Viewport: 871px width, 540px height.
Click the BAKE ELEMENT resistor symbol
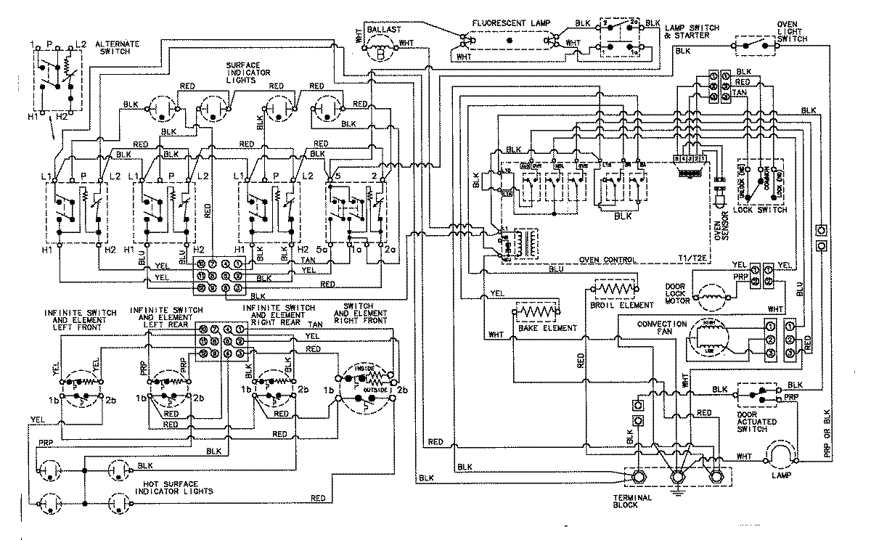point(536,313)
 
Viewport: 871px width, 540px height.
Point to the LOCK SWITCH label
point(761,210)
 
